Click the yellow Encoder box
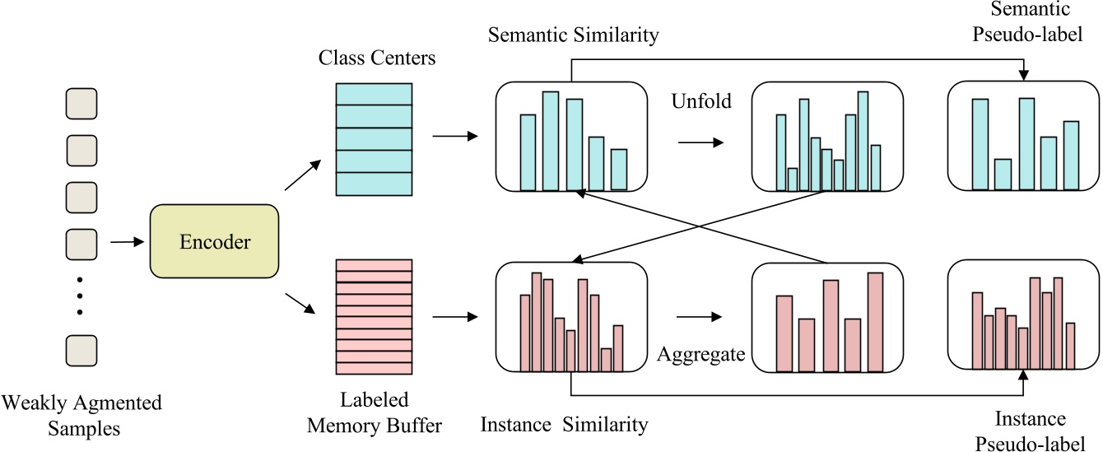214,241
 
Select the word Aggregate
700,354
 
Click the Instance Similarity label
564,425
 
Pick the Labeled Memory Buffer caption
375,412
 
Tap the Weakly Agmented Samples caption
82,416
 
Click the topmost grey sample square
81,105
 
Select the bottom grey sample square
81,350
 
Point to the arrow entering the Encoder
126,242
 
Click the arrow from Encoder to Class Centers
303,176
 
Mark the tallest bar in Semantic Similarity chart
551,141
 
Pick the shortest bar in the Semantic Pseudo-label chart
1002,174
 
